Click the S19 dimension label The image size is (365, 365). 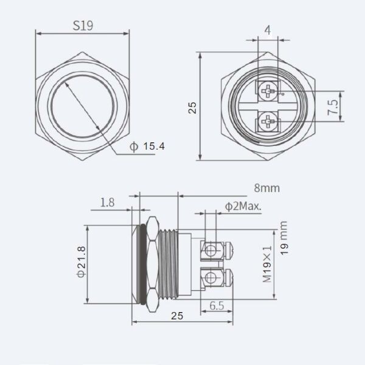(x=83, y=26)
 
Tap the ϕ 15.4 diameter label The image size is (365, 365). (x=147, y=147)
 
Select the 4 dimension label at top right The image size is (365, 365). (x=268, y=30)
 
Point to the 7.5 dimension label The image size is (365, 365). (x=333, y=107)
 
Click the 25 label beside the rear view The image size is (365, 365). (x=192, y=108)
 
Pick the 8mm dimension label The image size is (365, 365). (x=267, y=188)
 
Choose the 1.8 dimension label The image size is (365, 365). (x=107, y=203)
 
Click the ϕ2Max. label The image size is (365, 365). (x=243, y=206)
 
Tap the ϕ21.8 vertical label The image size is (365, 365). (x=82, y=262)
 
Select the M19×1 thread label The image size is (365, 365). (x=267, y=264)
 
